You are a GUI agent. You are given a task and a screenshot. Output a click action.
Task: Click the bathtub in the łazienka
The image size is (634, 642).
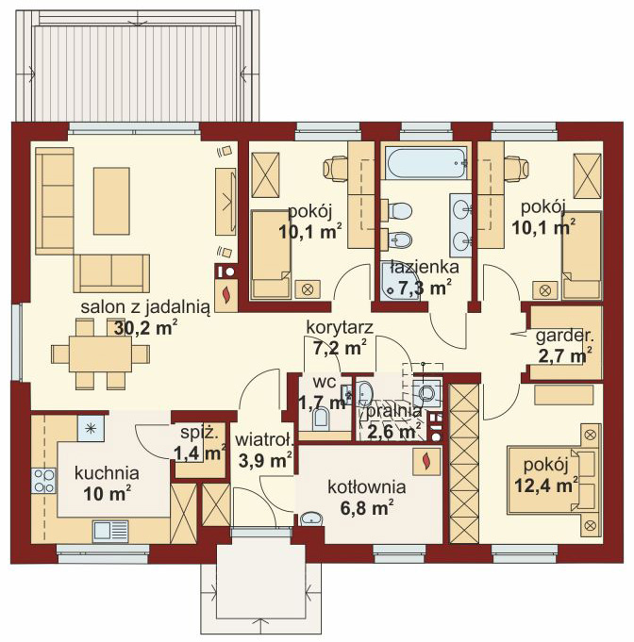(425, 163)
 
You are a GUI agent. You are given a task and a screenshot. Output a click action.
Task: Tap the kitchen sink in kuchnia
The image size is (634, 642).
(110, 531)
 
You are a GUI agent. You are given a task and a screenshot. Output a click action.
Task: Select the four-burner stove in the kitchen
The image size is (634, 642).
(43, 481)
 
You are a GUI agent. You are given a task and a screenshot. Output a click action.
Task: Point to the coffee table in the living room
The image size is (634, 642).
(111, 201)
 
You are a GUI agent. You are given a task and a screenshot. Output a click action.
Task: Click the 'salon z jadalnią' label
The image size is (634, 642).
(145, 307)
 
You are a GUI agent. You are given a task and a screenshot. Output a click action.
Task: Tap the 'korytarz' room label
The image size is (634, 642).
(340, 327)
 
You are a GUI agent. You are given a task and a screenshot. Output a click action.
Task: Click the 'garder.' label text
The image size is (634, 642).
(565, 337)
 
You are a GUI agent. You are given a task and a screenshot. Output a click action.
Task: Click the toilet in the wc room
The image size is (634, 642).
(321, 420)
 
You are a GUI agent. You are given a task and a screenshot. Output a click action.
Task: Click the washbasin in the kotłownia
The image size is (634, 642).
(311, 519)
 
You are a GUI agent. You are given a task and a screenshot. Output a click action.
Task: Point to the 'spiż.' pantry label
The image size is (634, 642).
(199, 434)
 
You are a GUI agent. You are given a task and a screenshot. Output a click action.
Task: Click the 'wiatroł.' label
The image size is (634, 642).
(265, 440)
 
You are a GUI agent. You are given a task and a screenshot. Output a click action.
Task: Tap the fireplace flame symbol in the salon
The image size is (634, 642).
(225, 295)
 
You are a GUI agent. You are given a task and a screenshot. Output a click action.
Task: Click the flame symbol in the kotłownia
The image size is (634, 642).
(426, 461)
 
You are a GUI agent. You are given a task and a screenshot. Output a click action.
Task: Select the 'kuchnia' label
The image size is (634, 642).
(107, 473)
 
